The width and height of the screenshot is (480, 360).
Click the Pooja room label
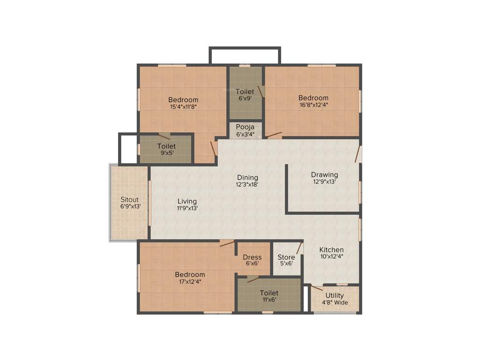(x=245, y=127)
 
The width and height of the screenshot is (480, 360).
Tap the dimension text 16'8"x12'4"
(x=313, y=105)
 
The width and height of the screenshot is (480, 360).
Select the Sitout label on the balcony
(x=129, y=199)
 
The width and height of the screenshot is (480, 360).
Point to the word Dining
(x=247, y=177)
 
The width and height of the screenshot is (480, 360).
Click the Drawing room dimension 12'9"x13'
(x=324, y=182)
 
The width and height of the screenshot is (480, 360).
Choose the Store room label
(x=286, y=257)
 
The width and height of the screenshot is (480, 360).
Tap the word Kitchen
(x=331, y=249)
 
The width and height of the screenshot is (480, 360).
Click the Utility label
(x=335, y=295)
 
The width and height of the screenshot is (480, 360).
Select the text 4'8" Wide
(x=335, y=302)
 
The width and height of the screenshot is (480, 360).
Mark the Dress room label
(x=252, y=257)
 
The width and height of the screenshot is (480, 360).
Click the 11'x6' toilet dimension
(x=269, y=300)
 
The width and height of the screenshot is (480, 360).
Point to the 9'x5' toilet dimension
(x=166, y=153)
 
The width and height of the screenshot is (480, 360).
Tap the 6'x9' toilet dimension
(x=245, y=98)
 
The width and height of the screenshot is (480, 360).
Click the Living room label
(x=187, y=201)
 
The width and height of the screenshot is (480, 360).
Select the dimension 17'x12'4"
(x=190, y=282)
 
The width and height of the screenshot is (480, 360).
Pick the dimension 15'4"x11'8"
(x=183, y=107)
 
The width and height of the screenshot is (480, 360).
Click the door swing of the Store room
(x=298, y=248)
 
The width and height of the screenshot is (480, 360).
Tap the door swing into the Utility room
(x=317, y=288)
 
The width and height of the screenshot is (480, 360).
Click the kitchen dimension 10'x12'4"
(x=331, y=256)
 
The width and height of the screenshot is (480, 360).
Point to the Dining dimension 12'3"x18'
(x=247, y=184)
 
